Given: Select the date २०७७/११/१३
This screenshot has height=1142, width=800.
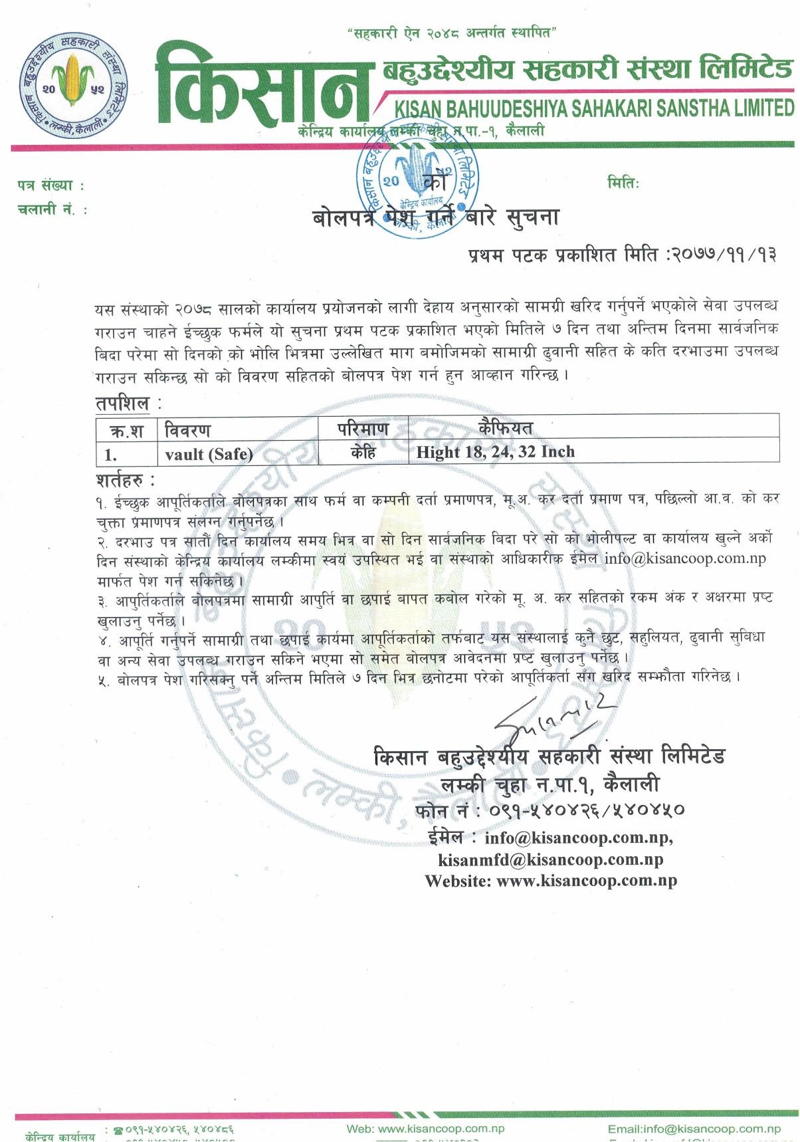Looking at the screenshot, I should point(725,255).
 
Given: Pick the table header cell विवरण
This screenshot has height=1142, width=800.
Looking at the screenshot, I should point(188,431).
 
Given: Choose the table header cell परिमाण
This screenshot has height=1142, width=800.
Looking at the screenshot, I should point(363,429).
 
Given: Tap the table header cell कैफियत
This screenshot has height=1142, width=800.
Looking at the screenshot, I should point(505,427).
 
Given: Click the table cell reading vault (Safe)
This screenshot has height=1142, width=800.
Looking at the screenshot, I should point(209,454).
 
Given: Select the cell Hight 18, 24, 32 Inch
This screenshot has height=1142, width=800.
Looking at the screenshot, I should point(495,452).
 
